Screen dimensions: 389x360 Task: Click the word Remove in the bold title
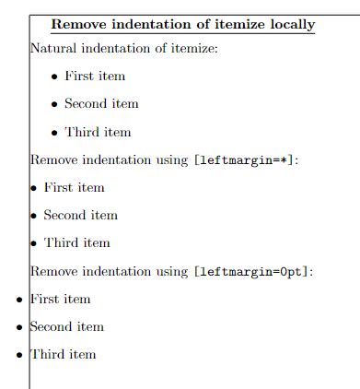[75, 25]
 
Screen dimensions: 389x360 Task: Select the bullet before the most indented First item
[54, 77]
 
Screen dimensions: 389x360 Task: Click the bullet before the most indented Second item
[54, 104]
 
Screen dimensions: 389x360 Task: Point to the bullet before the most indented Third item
[54, 133]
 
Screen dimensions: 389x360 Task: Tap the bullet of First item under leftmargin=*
[34, 188]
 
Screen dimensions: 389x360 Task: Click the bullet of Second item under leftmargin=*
[34, 216]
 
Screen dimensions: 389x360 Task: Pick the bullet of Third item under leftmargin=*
[34, 243]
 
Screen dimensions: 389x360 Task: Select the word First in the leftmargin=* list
[56, 187]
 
